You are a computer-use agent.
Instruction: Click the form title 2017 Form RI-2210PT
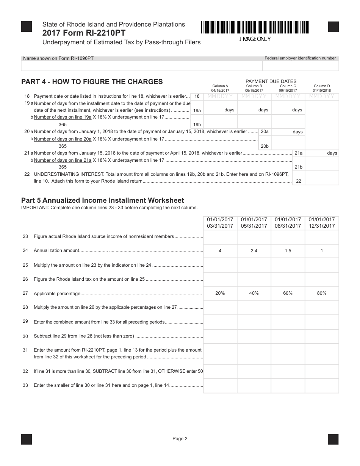pyautogui.click(x=84, y=33)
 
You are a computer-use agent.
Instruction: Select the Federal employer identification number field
pyautogui.click(x=301, y=66)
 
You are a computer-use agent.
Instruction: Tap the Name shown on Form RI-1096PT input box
pyautogui.click(x=142, y=66)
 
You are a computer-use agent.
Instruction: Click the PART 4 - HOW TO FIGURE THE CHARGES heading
pyautogui.click(x=92, y=81)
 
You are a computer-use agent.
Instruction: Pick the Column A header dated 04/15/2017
pyautogui.click(x=220, y=88)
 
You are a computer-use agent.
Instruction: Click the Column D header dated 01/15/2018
pyautogui.click(x=322, y=88)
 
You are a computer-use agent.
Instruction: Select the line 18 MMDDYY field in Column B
pyautogui.click(x=254, y=97)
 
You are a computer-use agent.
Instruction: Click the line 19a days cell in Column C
pyautogui.click(x=288, y=110)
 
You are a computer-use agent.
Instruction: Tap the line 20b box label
pyautogui.click(x=265, y=146)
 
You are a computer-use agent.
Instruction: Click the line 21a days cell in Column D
pyautogui.click(x=322, y=153)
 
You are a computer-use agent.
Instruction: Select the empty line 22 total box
pyautogui.click(x=322, y=178)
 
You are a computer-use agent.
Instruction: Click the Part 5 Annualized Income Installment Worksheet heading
pyautogui.click(x=102, y=200)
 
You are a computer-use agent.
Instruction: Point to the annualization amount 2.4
pyautogui.click(x=254, y=251)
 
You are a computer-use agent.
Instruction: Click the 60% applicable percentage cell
pyautogui.click(x=288, y=293)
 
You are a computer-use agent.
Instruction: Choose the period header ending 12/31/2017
pyautogui.click(x=322, y=223)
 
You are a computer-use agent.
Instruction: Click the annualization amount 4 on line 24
pyautogui.click(x=220, y=251)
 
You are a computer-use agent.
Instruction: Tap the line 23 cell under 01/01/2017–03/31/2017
pyautogui.click(x=220, y=237)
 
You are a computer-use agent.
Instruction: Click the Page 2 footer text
pyautogui.click(x=180, y=439)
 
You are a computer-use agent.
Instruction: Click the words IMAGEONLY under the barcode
pyautogui.click(x=255, y=39)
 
